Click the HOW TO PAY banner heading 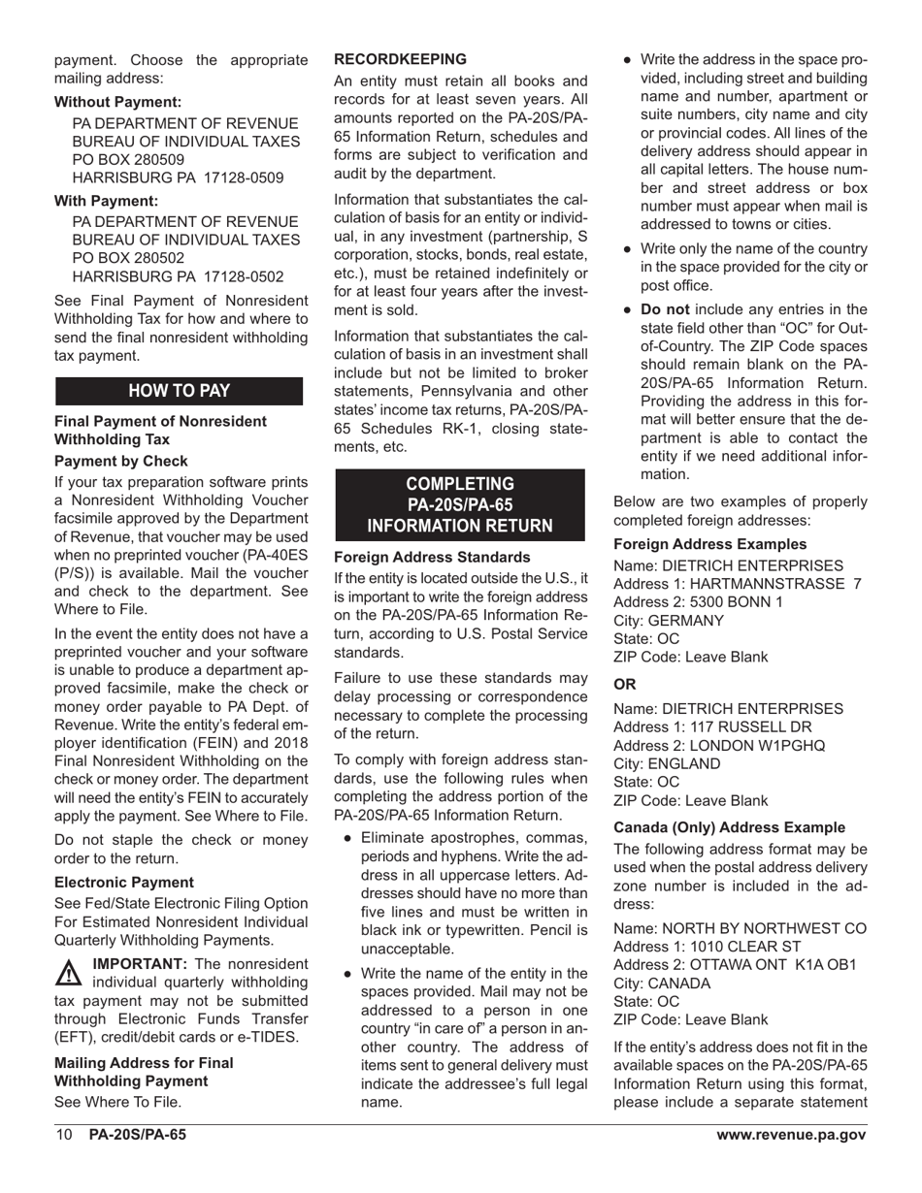pos(180,391)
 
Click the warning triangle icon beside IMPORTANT pos(69,972)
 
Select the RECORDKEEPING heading pos(400,59)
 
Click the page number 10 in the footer pos(64,1135)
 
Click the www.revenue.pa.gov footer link pos(791,1135)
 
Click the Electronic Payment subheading pos(124,882)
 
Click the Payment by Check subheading pos(121,461)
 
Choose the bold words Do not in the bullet pos(665,309)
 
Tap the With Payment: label pos(106,201)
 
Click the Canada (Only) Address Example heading pos(729,827)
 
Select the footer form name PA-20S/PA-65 pos(137,1135)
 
